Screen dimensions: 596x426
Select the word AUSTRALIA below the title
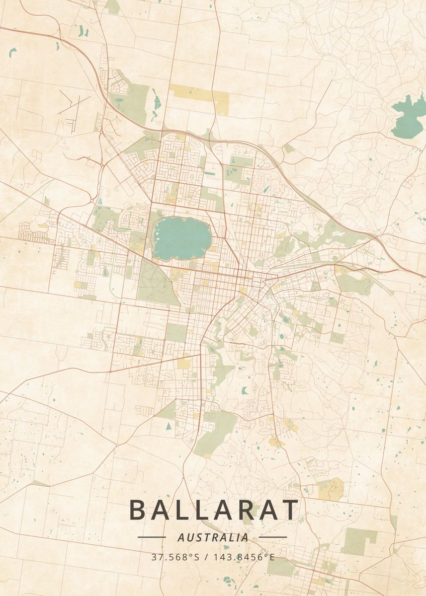click(213, 537)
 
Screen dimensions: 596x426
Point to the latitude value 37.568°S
click(175, 557)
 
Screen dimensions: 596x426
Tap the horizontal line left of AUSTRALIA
click(152, 537)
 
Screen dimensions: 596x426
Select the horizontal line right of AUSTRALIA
click(273, 537)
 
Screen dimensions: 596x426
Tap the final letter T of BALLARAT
click(289, 510)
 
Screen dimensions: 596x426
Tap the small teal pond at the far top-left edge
click(12, 51)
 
